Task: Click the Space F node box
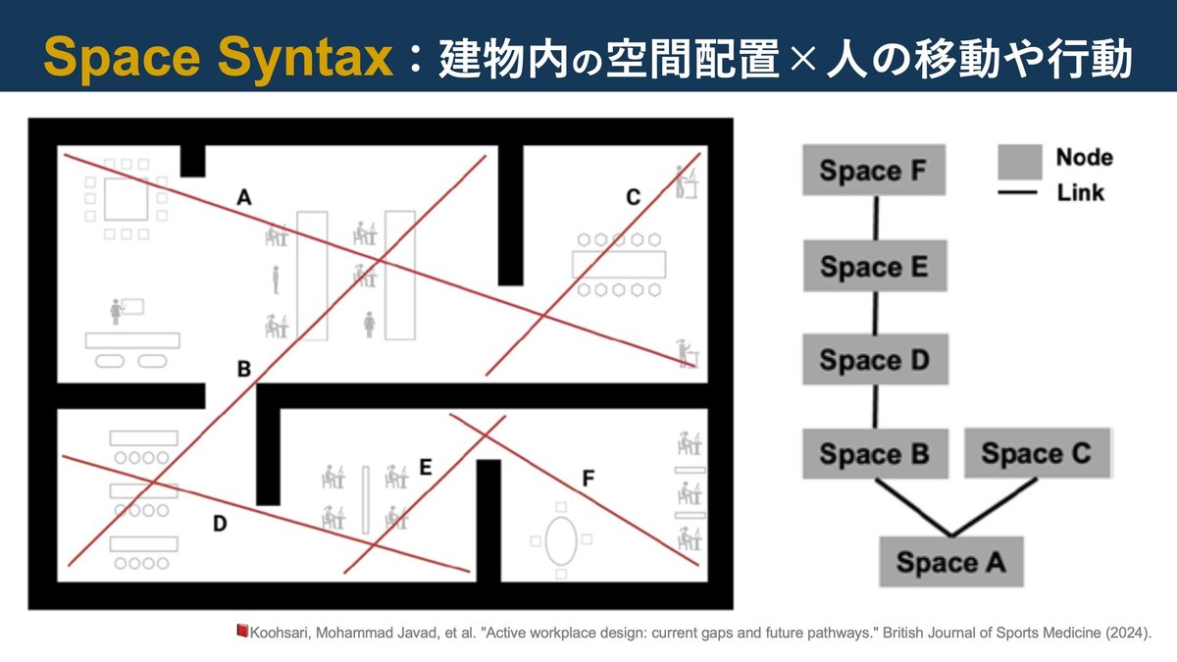coord(874,171)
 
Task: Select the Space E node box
coord(874,267)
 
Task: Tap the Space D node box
coord(874,359)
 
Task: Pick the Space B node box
coord(874,454)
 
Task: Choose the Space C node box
coord(1036,454)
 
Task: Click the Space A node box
coord(950,562)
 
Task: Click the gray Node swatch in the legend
coord(1019,160)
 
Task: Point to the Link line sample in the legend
coord(1018,193)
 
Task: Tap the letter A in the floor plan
coord(244,199)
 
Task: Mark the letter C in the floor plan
coord(633,198)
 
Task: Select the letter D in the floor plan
coord(220,525)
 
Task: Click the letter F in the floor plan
coord(588,480)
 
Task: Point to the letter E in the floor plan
coord(425,468)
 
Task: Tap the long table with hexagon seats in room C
coord(619,264)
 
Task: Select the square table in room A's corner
coord(126,199)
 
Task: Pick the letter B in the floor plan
coord(244,370)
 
